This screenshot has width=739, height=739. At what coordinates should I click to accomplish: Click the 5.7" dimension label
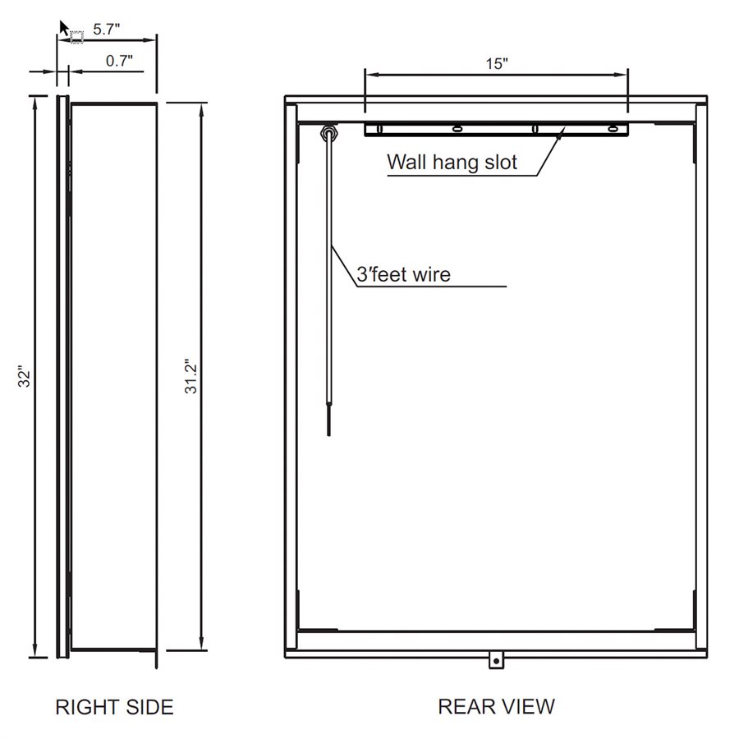[x=107, y=29]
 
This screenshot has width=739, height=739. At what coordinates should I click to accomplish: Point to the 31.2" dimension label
[x=191, y=377]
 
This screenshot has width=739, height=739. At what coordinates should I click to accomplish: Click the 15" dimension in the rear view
[x=497, y=63]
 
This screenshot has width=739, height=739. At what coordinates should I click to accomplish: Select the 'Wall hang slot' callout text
[x=452, y=162]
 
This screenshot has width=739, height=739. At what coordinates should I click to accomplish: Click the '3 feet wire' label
[x=403, y=274]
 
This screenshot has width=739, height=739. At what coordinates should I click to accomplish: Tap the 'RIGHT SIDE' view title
[x=114, y=707]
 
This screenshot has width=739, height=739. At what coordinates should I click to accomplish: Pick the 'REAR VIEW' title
[x=496, y=706]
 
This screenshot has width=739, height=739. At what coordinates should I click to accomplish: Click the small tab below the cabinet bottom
[x=495, y=660]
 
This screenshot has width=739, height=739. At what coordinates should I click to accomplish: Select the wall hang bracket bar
[x=496, y=129]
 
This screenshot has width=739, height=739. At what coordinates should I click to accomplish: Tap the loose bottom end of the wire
[x=328, y=427]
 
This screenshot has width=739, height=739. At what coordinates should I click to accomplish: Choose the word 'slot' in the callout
[x=500, y=162]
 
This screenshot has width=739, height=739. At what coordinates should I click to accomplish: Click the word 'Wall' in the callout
[x=405, y=162]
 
